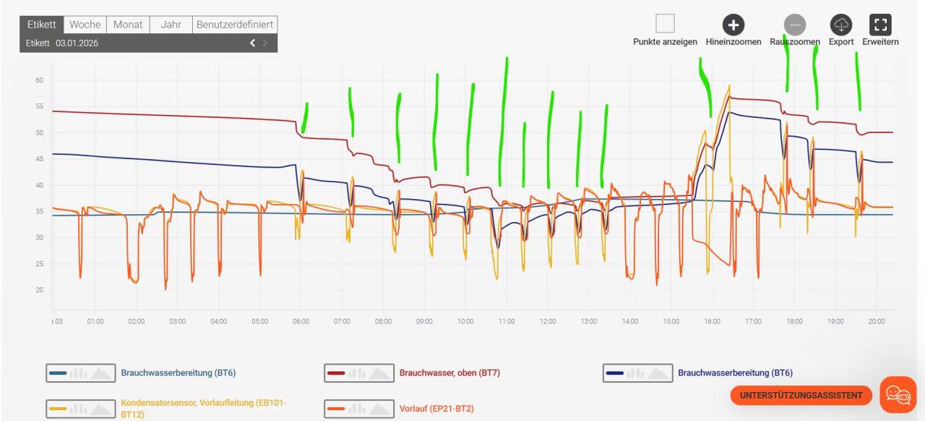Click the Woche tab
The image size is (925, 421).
85,25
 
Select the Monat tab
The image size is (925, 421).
127,25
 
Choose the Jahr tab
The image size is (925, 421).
171,25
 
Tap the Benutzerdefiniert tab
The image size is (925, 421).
235,25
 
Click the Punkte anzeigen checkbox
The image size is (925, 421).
665,24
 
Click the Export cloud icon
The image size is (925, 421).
841,25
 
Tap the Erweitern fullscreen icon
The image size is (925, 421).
879,25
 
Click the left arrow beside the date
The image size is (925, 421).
253,43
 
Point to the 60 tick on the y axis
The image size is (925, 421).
39,80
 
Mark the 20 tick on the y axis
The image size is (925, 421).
39,290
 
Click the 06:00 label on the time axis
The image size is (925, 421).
301,321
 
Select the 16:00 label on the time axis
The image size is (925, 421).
713,321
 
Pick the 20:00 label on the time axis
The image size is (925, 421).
877,321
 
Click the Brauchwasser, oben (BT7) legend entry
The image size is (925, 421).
449,373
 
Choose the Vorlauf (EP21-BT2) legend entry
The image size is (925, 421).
436,409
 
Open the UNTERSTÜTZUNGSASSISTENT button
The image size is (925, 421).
801,395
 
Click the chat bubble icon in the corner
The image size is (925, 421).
898,394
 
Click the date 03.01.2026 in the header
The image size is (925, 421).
77,43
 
